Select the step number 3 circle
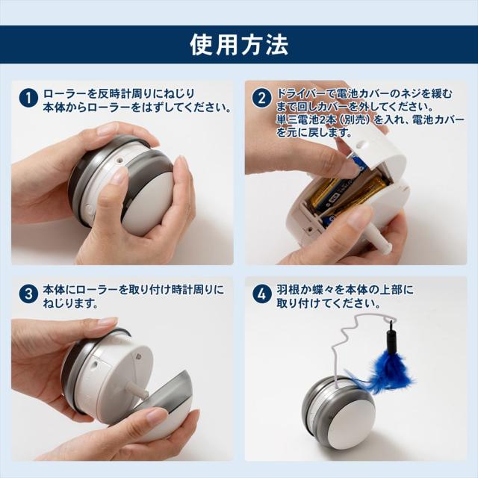point(28,294)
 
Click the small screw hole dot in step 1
point(119,160)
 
